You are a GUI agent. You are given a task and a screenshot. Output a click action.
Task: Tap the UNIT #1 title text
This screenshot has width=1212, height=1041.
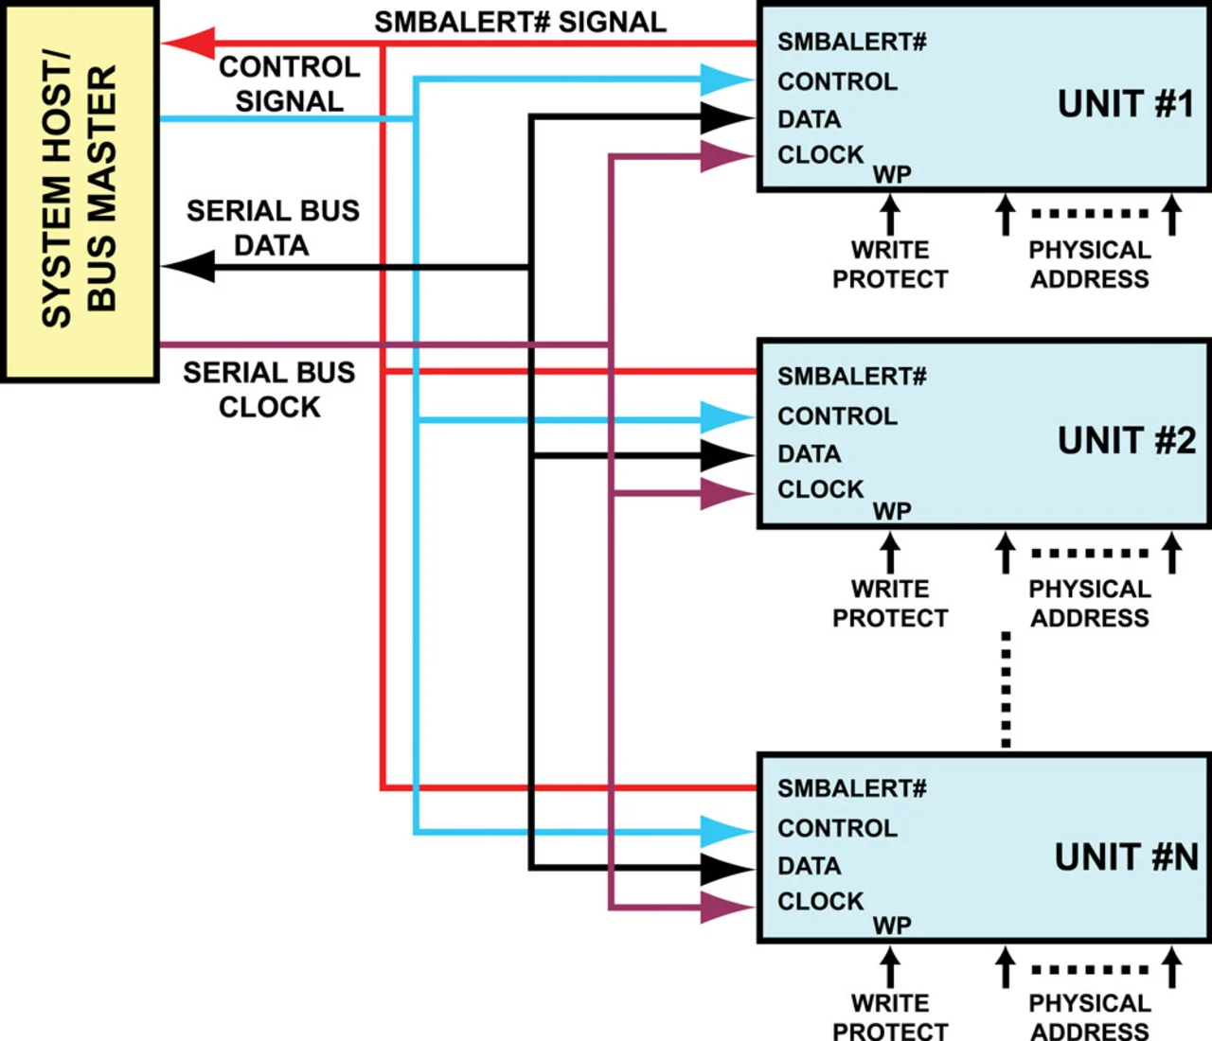coord(1126,104)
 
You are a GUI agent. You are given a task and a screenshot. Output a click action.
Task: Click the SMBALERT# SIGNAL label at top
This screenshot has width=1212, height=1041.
coord(520,23)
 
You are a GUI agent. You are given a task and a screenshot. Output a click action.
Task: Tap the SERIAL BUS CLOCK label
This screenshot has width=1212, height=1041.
coord(270,389)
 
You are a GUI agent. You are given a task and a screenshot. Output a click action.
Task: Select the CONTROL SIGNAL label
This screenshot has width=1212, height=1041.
coord(289,84)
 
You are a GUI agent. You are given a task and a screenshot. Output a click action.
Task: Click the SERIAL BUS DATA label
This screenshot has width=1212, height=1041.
coord(273,227)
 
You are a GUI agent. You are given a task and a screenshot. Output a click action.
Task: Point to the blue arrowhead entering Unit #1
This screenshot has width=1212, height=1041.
coord(727,79)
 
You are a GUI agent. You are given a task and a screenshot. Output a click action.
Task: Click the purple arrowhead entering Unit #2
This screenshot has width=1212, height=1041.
coord(727,493)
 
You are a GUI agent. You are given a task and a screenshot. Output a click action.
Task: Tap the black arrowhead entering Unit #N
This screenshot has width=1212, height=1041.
coord(727,868)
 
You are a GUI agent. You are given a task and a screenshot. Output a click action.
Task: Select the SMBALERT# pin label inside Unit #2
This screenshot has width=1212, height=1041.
coord(851,377)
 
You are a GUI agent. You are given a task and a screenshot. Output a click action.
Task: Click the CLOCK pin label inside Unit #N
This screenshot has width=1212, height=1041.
coord(820,902)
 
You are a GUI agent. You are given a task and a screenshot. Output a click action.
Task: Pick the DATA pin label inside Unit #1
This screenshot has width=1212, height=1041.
coord(809,120)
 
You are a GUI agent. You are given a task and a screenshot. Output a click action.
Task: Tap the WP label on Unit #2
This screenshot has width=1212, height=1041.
coord(891,511)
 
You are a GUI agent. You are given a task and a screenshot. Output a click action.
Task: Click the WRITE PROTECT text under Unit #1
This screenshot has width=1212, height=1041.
coord(889,265)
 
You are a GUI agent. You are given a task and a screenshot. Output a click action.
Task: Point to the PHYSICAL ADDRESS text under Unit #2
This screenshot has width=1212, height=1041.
coord(1089,604)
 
